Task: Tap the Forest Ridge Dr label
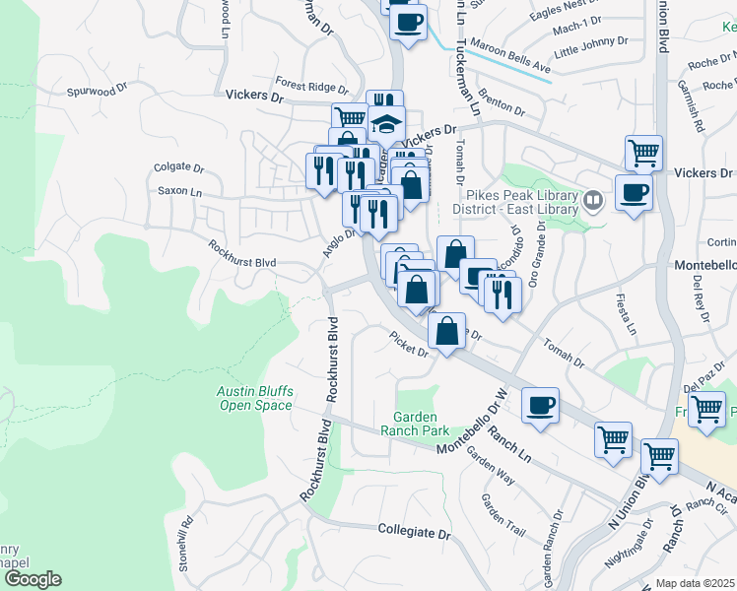pyautogui.click(x=306, y=86)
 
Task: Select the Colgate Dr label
pyautogui.click(x=178, y=168)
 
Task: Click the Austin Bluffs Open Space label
pyautogui.click(x=255, y=398)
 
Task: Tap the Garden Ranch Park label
pyautogui.click(x=421, y=424)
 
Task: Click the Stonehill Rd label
pyautogui.click(x=183, y=529)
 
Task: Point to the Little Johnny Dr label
pyautogui.click(x=591, y=46)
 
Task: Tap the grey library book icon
pyautogui.click(x=592, y=202)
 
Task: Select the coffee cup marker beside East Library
pyautogui.click(x=634, y=189)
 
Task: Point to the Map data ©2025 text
pyautogui.click(x=695, y=583)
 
